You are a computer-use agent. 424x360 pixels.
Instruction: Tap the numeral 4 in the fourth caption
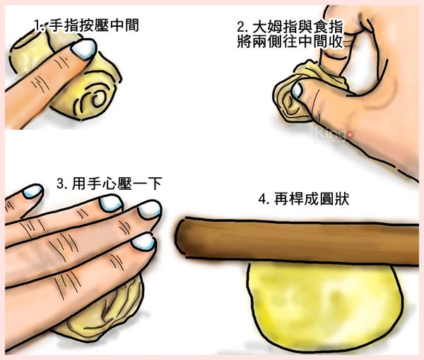263,200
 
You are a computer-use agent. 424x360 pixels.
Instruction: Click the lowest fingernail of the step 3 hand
143,242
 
